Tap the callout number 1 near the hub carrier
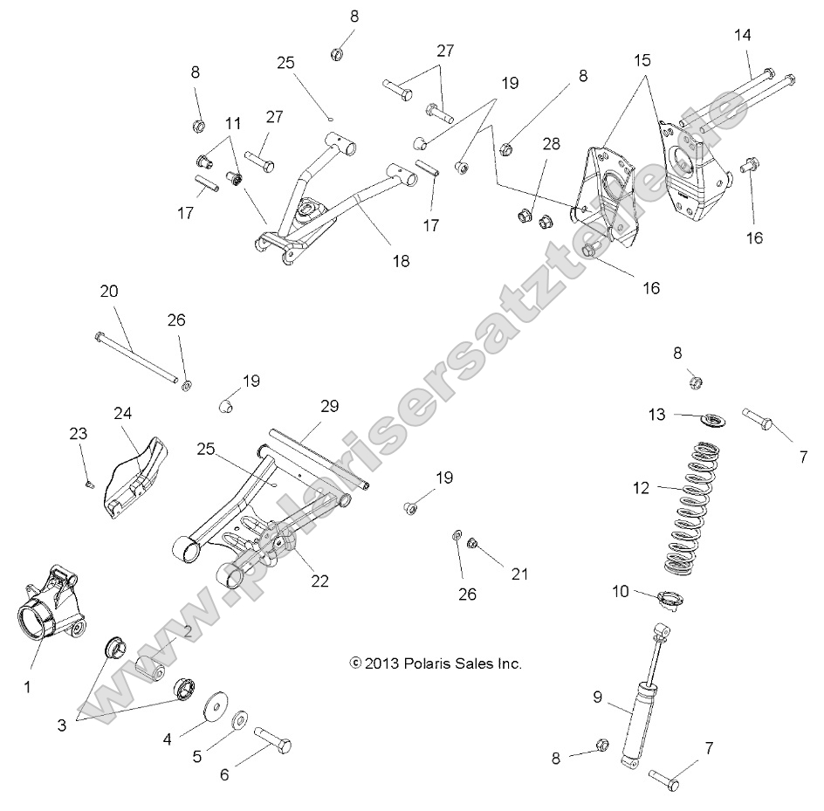[x=27, y=687]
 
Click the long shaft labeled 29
[x=319, y=458]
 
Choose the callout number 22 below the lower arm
[x=320, y=581]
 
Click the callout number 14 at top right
[x=742, y=35]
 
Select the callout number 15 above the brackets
[x=642, y=61]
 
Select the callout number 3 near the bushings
[x=62, y=724]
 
